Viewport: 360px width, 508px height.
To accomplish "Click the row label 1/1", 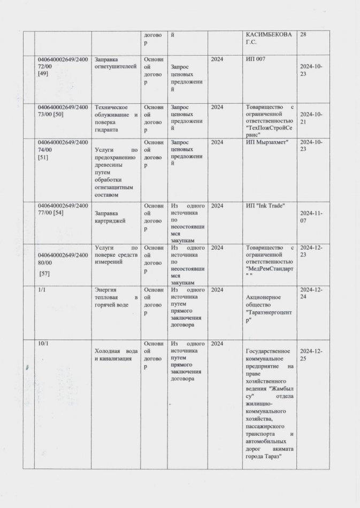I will pyautogui.click(x=41, y=289).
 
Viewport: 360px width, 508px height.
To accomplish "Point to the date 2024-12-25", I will pyautogui.click(x=311, y=355).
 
